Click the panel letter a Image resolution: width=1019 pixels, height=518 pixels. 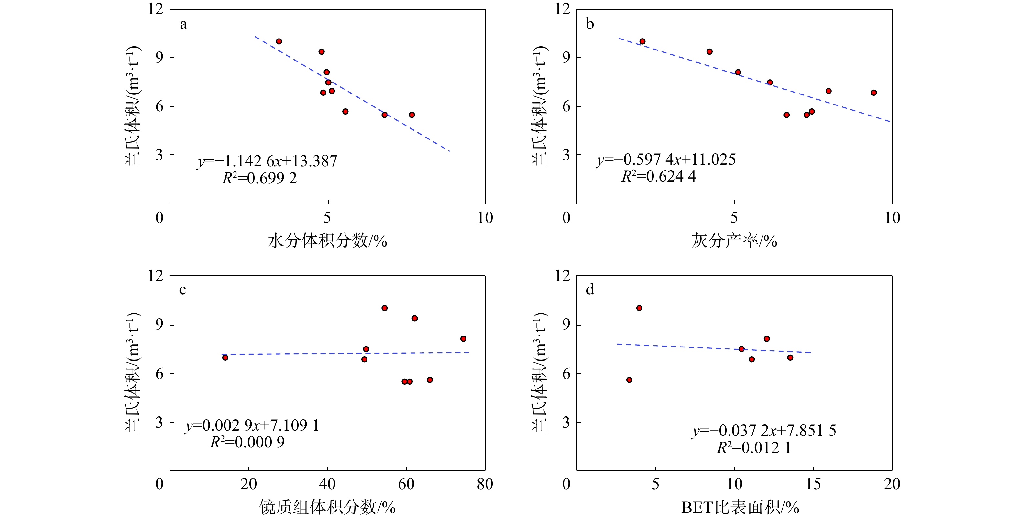click(x=183, y=25)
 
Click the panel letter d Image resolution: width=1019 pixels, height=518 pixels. click(x=590, y=290)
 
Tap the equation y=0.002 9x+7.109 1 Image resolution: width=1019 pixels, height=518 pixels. click(x=252, y=425)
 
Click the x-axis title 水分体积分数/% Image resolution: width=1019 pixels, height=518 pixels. click(x=327, y=241)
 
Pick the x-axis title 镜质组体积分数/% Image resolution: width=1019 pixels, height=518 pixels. click(x=327, y=507)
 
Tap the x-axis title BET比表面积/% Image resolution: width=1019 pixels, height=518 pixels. click(x=740, y=507)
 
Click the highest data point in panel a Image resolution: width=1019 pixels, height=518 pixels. click(x=279, y=41)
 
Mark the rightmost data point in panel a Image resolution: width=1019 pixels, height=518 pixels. click(x=412, y=115)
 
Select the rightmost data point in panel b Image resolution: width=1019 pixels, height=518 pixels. click(x=874, y=93)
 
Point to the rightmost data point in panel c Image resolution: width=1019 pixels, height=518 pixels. click(x=463, y=339)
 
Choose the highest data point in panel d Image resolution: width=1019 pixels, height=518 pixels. click(x=639, y=308)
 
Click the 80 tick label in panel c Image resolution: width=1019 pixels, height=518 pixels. click(x=485, y=484)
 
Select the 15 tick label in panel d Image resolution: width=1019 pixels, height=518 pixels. click(x=813, y=484)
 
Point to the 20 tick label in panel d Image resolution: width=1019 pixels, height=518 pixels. click(x=892, y=484)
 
